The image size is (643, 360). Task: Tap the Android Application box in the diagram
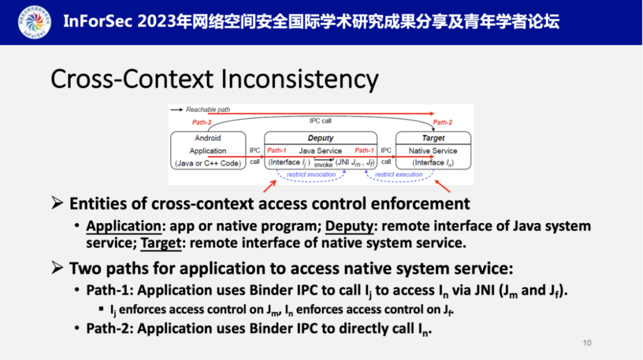[208, 151]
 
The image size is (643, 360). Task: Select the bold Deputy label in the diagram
[320, 138]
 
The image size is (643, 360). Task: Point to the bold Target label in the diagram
[433, 138]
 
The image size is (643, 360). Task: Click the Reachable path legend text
[208, 109]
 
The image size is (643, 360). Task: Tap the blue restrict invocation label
[311, 175]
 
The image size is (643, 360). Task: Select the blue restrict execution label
[398, 175]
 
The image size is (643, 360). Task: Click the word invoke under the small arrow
[323, 165]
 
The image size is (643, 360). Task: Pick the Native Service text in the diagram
[433, 151]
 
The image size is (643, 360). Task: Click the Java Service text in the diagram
[320, 151]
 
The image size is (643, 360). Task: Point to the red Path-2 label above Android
[201, 123]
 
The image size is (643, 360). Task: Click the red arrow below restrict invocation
[269, 184]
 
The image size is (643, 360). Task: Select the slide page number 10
[587, 343]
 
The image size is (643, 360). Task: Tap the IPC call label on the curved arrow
[320, 121]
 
